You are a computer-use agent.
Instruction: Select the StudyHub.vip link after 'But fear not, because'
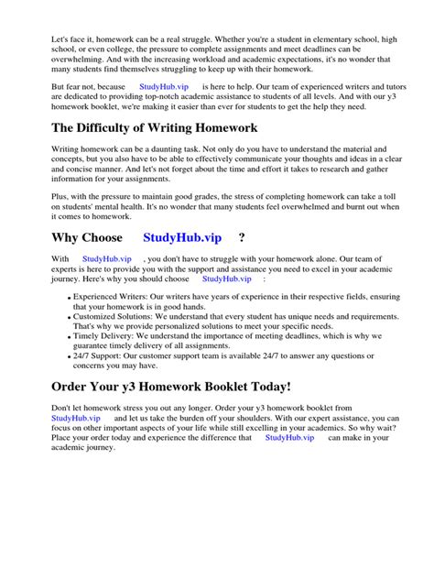[163, 86]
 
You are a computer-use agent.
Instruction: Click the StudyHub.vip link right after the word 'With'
[106, 260]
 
